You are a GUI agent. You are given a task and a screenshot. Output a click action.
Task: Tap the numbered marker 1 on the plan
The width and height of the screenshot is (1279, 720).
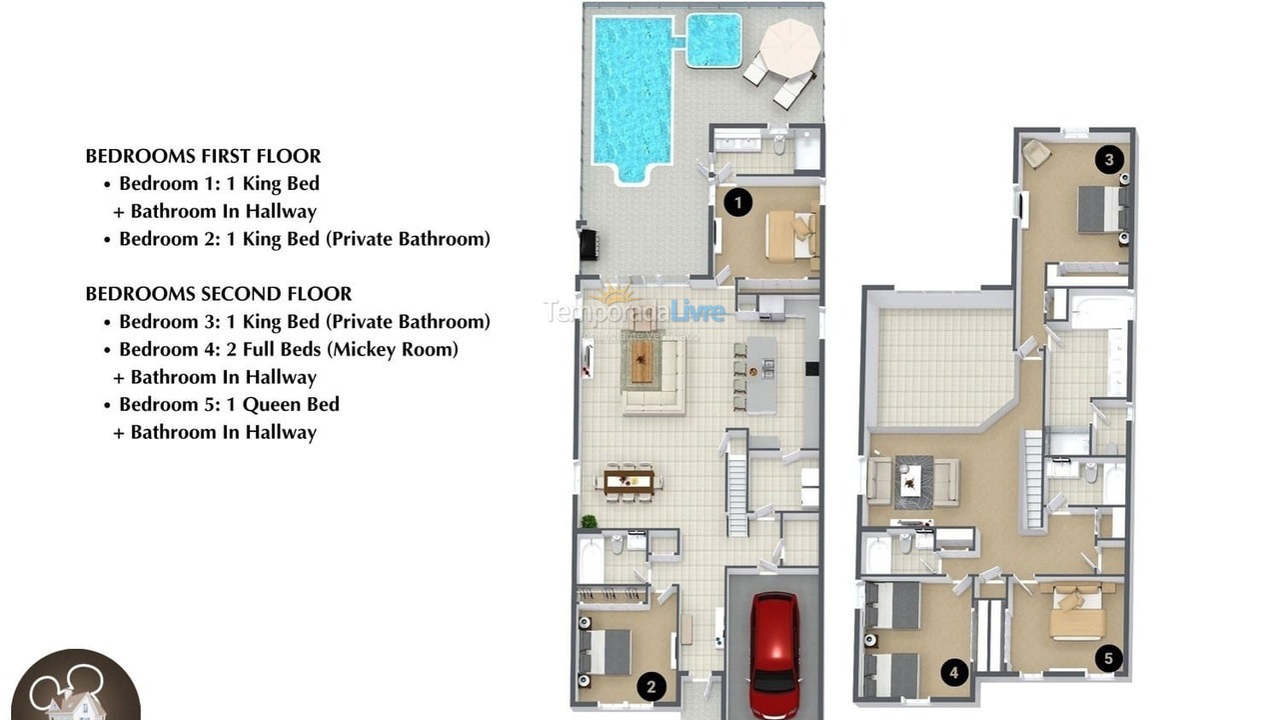tap(737, 203)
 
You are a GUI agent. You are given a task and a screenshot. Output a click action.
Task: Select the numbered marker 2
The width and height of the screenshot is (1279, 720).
tap(650, 687)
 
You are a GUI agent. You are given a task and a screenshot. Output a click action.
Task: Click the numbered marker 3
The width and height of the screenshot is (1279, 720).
tap(1107, 159)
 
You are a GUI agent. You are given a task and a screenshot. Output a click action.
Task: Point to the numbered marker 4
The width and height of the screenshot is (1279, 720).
tap(954, 673)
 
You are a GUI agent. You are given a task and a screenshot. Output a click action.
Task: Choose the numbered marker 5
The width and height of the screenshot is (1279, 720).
tap(1107, 658)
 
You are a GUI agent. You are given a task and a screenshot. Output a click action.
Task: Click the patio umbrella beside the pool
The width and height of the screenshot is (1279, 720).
tap(789, 46)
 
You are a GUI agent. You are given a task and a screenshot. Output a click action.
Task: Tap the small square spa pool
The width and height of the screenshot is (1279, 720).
tap(713, 40)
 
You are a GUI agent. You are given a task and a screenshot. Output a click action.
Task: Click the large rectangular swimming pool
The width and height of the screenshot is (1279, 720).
tap(633, 95)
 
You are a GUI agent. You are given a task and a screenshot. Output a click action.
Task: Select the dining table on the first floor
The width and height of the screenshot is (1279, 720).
tap(629, 482)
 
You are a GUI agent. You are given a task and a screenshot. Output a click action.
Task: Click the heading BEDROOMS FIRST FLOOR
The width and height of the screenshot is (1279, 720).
tap(203, 156)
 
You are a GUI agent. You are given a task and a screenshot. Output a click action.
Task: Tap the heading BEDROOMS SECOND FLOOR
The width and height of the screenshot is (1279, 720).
tap(218, 294)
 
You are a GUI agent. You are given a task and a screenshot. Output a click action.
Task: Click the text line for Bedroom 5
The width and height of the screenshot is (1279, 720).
tap(229, 404)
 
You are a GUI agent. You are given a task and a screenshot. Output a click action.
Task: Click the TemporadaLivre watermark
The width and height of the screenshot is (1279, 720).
tap(635, 311)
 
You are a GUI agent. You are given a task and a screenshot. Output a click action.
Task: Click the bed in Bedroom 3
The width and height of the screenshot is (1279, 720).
tap(1102, 210)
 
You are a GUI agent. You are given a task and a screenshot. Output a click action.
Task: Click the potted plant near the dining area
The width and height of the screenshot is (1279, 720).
tap(589, 521)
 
